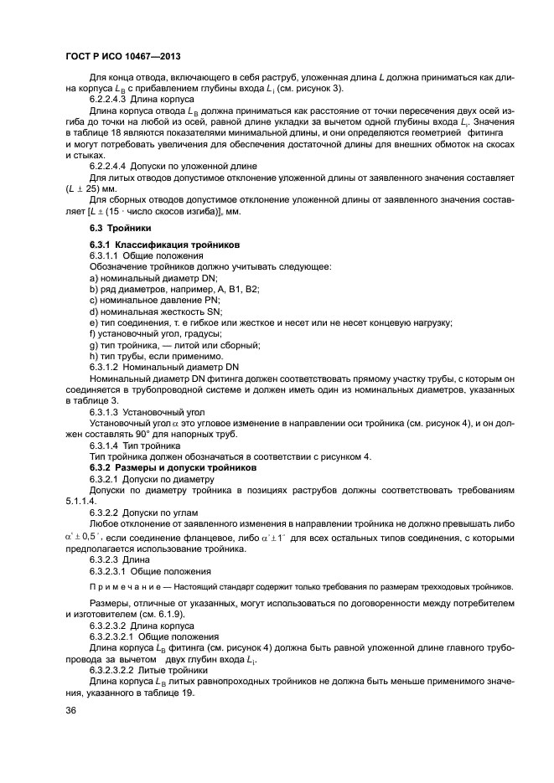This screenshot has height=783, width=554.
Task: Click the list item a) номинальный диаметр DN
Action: (153, 277)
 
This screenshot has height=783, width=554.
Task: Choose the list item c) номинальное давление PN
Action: (154, 300)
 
